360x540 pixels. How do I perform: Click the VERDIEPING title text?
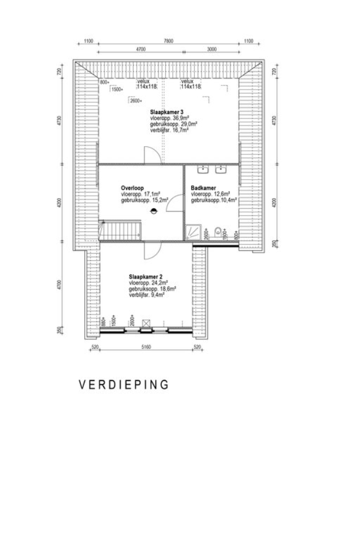124,385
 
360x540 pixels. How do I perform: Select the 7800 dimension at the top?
168,41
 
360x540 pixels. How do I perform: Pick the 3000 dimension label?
211,50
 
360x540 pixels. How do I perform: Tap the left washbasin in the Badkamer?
203,170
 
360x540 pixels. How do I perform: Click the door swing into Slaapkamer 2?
149,250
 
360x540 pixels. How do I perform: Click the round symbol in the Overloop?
154,210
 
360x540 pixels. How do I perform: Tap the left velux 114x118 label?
147,84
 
